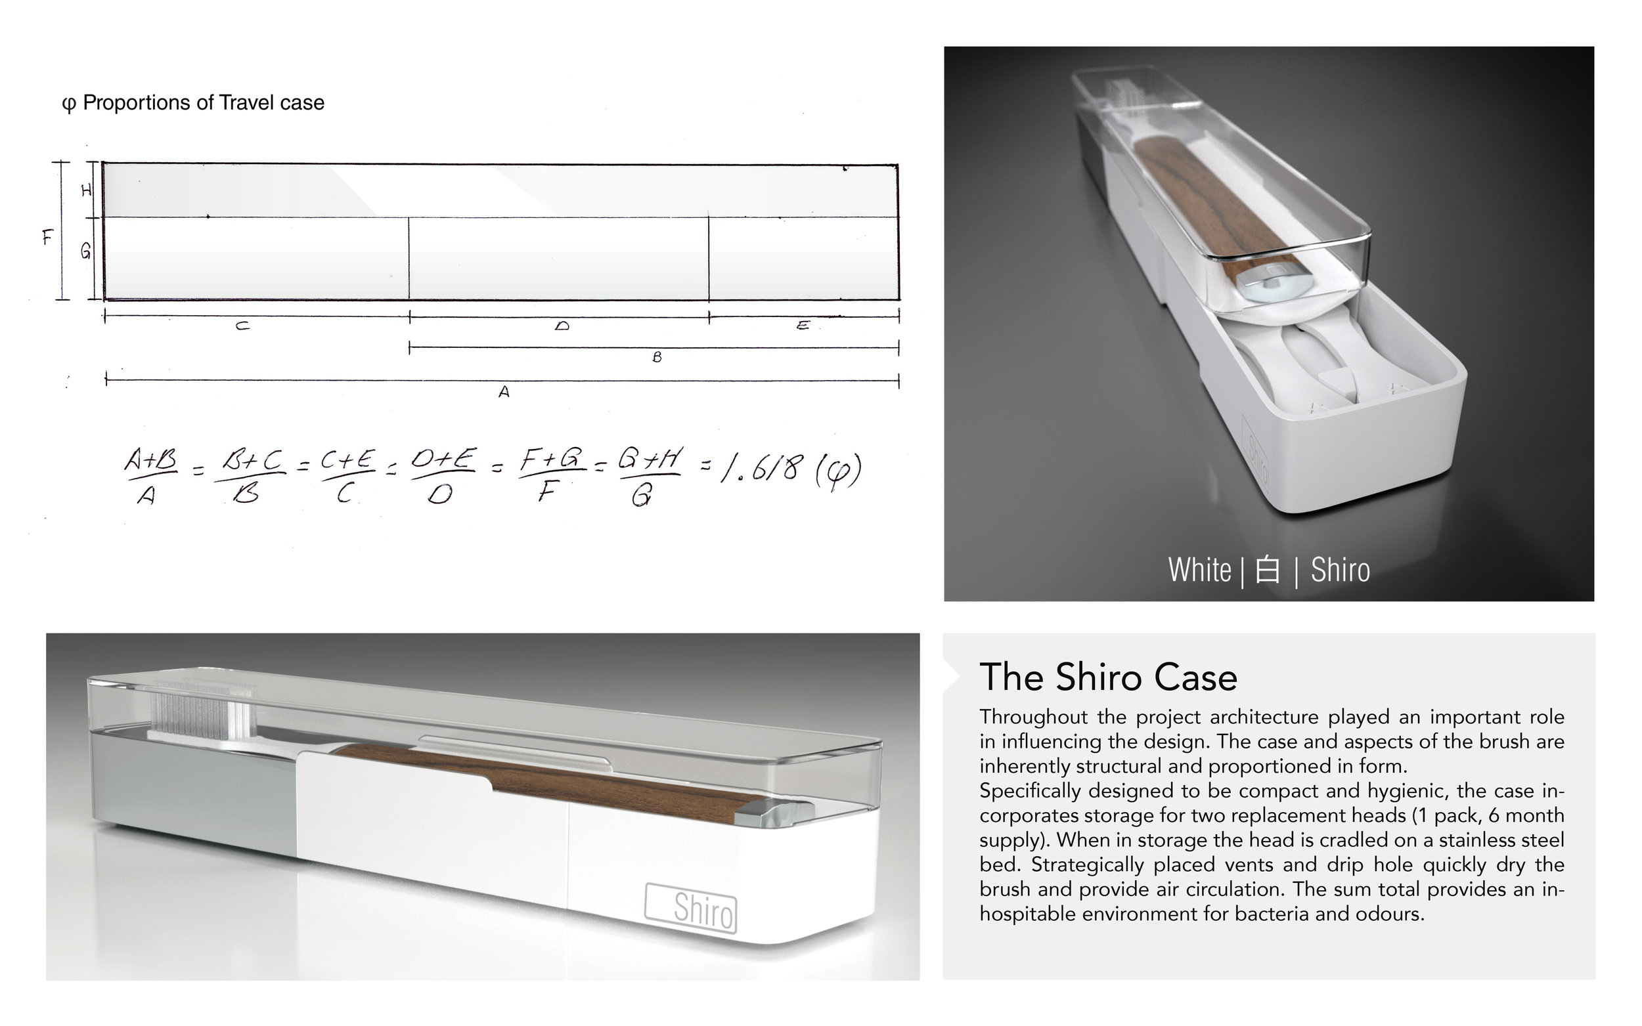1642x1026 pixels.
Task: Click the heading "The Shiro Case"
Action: click(x=1108, y=677)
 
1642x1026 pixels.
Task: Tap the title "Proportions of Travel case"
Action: click(x=203, y=102)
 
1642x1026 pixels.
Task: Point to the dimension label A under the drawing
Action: click(x=504, y=392)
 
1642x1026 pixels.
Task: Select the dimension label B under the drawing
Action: click(x=656, y=357)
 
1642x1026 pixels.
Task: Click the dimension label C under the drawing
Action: click(x=242, y=326)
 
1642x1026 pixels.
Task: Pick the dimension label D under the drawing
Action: click(x=562, y=326)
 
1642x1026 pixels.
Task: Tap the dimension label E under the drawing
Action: click(x=803, y=326)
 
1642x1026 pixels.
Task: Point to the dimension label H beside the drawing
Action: click(x=86, y=190)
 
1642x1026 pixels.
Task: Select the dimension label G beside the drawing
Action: click(x=86, y=252)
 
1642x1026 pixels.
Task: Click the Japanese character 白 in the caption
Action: click(x=1268, y=570)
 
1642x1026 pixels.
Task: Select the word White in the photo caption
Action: click(x=1199, y=570)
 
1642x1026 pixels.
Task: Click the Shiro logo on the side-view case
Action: click(x=690, y=908)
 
